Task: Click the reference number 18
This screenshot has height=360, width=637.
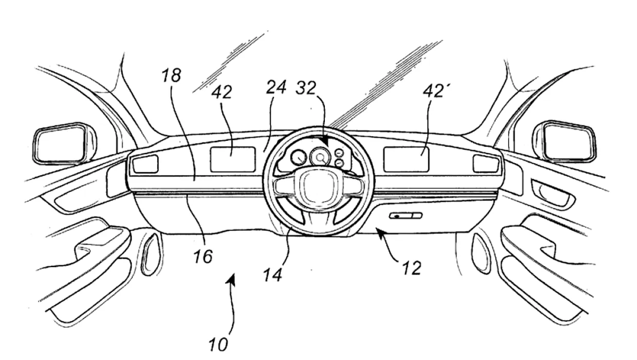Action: (171, 76)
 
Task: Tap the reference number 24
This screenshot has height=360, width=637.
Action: (276, 87)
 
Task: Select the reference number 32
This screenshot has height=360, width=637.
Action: (306, 88)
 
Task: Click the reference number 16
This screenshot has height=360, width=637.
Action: (203, 257)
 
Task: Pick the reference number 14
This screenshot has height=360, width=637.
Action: (273, 275)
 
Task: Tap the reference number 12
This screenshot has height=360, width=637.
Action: (411, 268)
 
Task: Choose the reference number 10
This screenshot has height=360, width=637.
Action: (219, 345)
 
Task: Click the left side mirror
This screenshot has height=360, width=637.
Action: (65, 144)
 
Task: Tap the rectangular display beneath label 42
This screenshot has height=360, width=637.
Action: (232, 159)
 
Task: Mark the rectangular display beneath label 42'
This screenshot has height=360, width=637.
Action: (406, 159)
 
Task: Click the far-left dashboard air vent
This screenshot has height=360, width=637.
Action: (145, 164)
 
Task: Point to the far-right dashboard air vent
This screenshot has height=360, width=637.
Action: (486, 164)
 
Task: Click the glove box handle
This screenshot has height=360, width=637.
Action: (406, 215)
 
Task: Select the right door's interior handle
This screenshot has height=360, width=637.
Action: (553, 194)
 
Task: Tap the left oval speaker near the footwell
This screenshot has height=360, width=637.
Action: (152, 254)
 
